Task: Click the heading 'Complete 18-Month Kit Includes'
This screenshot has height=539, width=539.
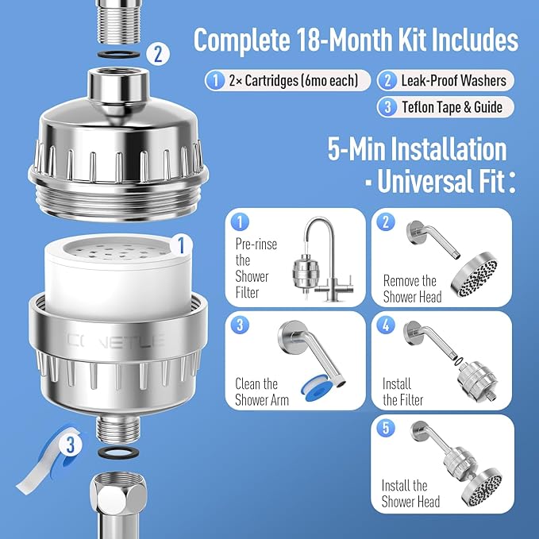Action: tap(356, 40)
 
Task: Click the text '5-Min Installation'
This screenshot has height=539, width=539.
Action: tap(416, 149)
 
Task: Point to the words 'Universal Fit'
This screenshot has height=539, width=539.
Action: tap(440, 184)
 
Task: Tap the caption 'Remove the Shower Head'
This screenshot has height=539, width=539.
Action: tap(410, 289)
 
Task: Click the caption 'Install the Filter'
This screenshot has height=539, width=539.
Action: tap(402, 392)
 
